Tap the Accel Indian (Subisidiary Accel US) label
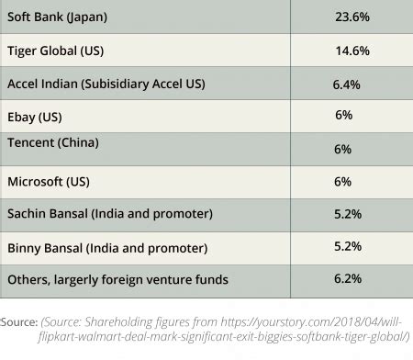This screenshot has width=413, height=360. click(106, 84)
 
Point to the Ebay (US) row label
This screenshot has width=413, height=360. click(37, 117)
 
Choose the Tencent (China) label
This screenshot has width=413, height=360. click(52, 144)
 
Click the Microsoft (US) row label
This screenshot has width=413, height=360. click(48, 181)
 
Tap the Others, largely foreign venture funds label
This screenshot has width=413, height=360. click(117, 279)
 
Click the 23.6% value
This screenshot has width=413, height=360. click(353, 18)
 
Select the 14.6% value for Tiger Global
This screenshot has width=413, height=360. click(352, 51)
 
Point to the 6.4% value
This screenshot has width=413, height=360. click(349, 84)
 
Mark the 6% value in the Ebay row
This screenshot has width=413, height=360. click(344, 115)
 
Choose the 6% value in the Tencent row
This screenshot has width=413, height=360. click(344, 150)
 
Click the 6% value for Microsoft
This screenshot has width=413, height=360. click(344, 181)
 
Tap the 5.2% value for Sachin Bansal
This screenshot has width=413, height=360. click(349, 214)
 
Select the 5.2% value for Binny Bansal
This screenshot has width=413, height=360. click(349, 246)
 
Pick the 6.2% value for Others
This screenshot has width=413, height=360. click(349, 278)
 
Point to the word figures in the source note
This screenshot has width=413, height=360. click(190, 322)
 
